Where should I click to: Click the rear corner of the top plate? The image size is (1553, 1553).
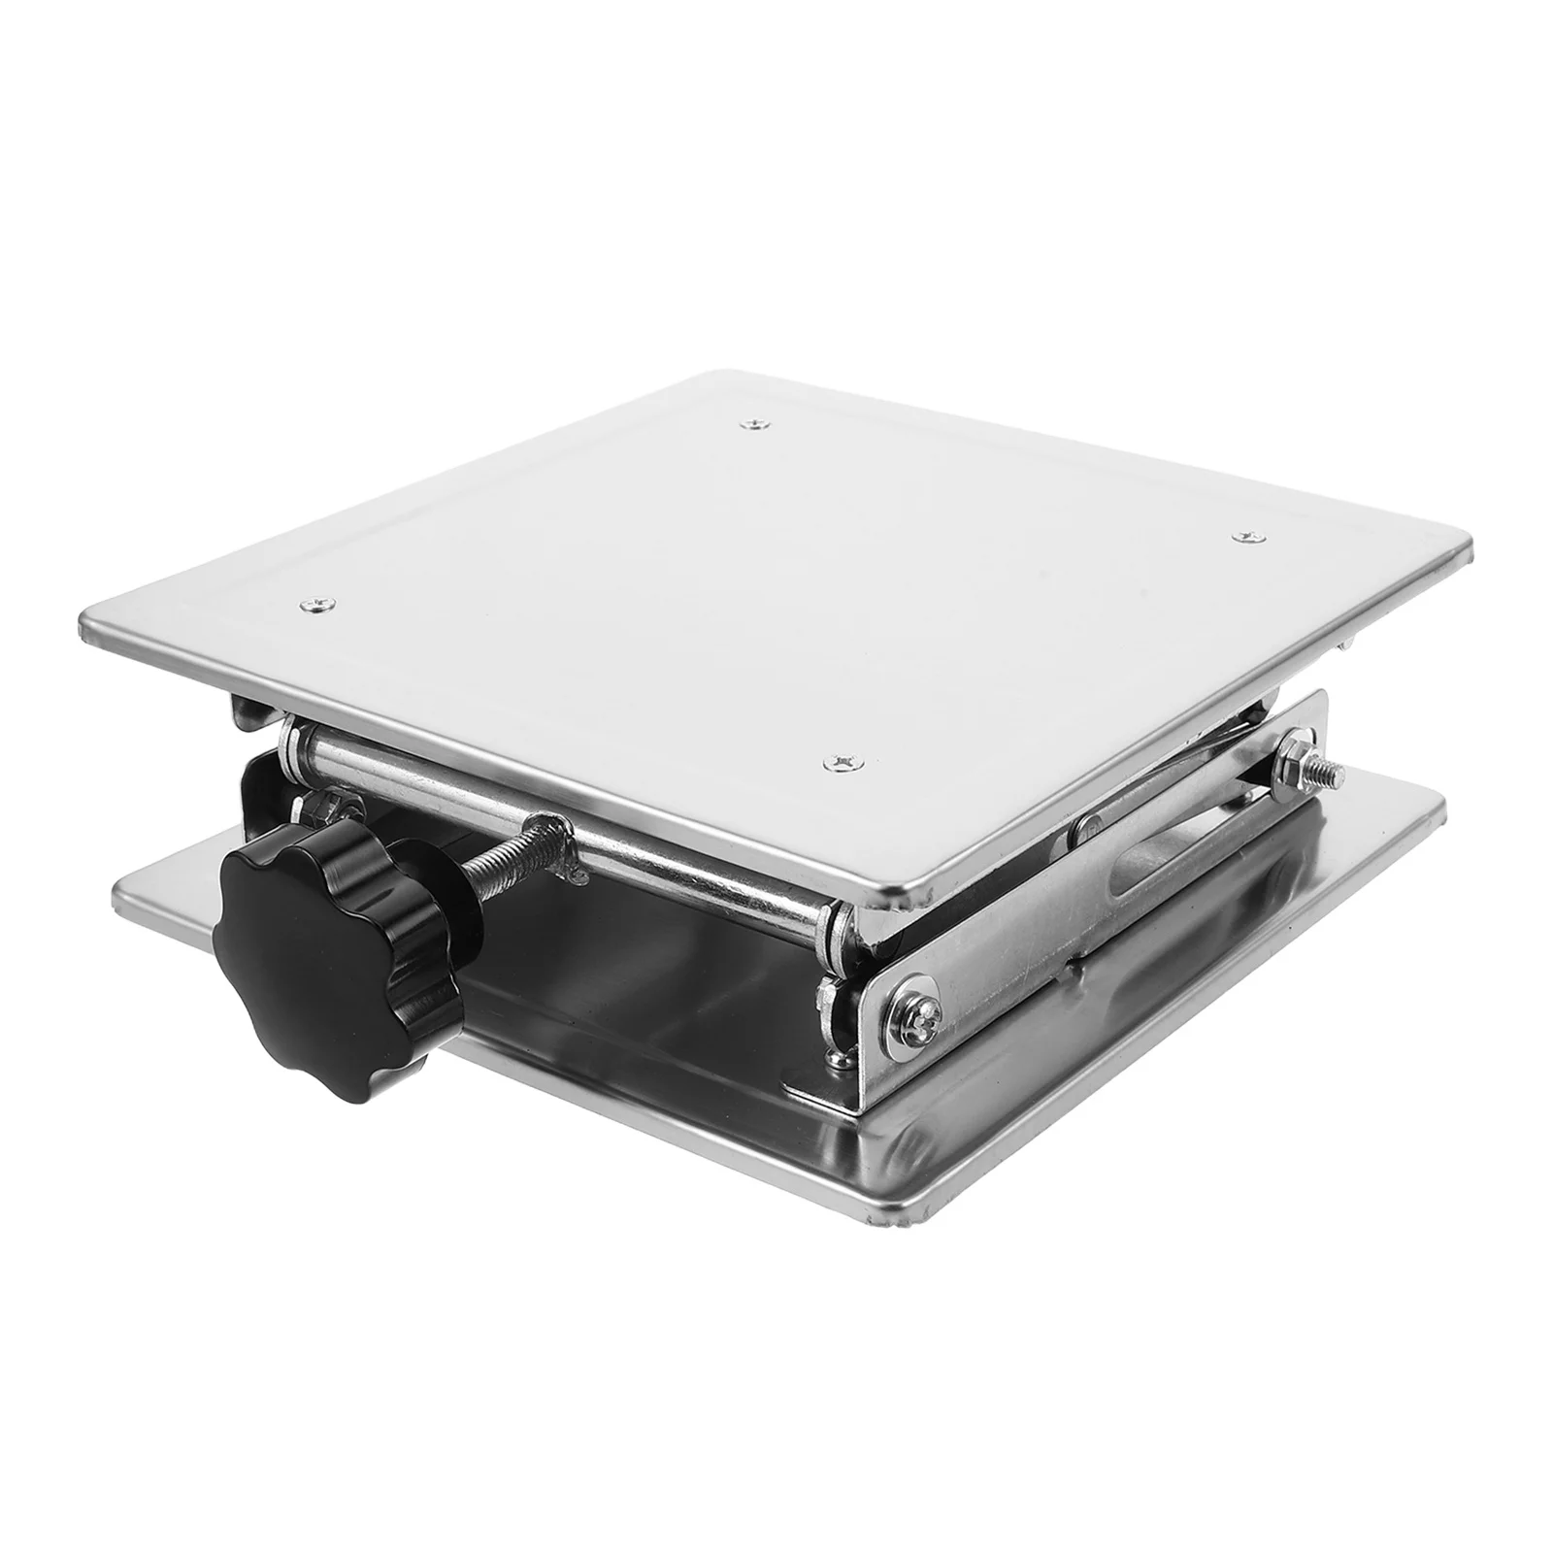(x=723, y=376)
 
